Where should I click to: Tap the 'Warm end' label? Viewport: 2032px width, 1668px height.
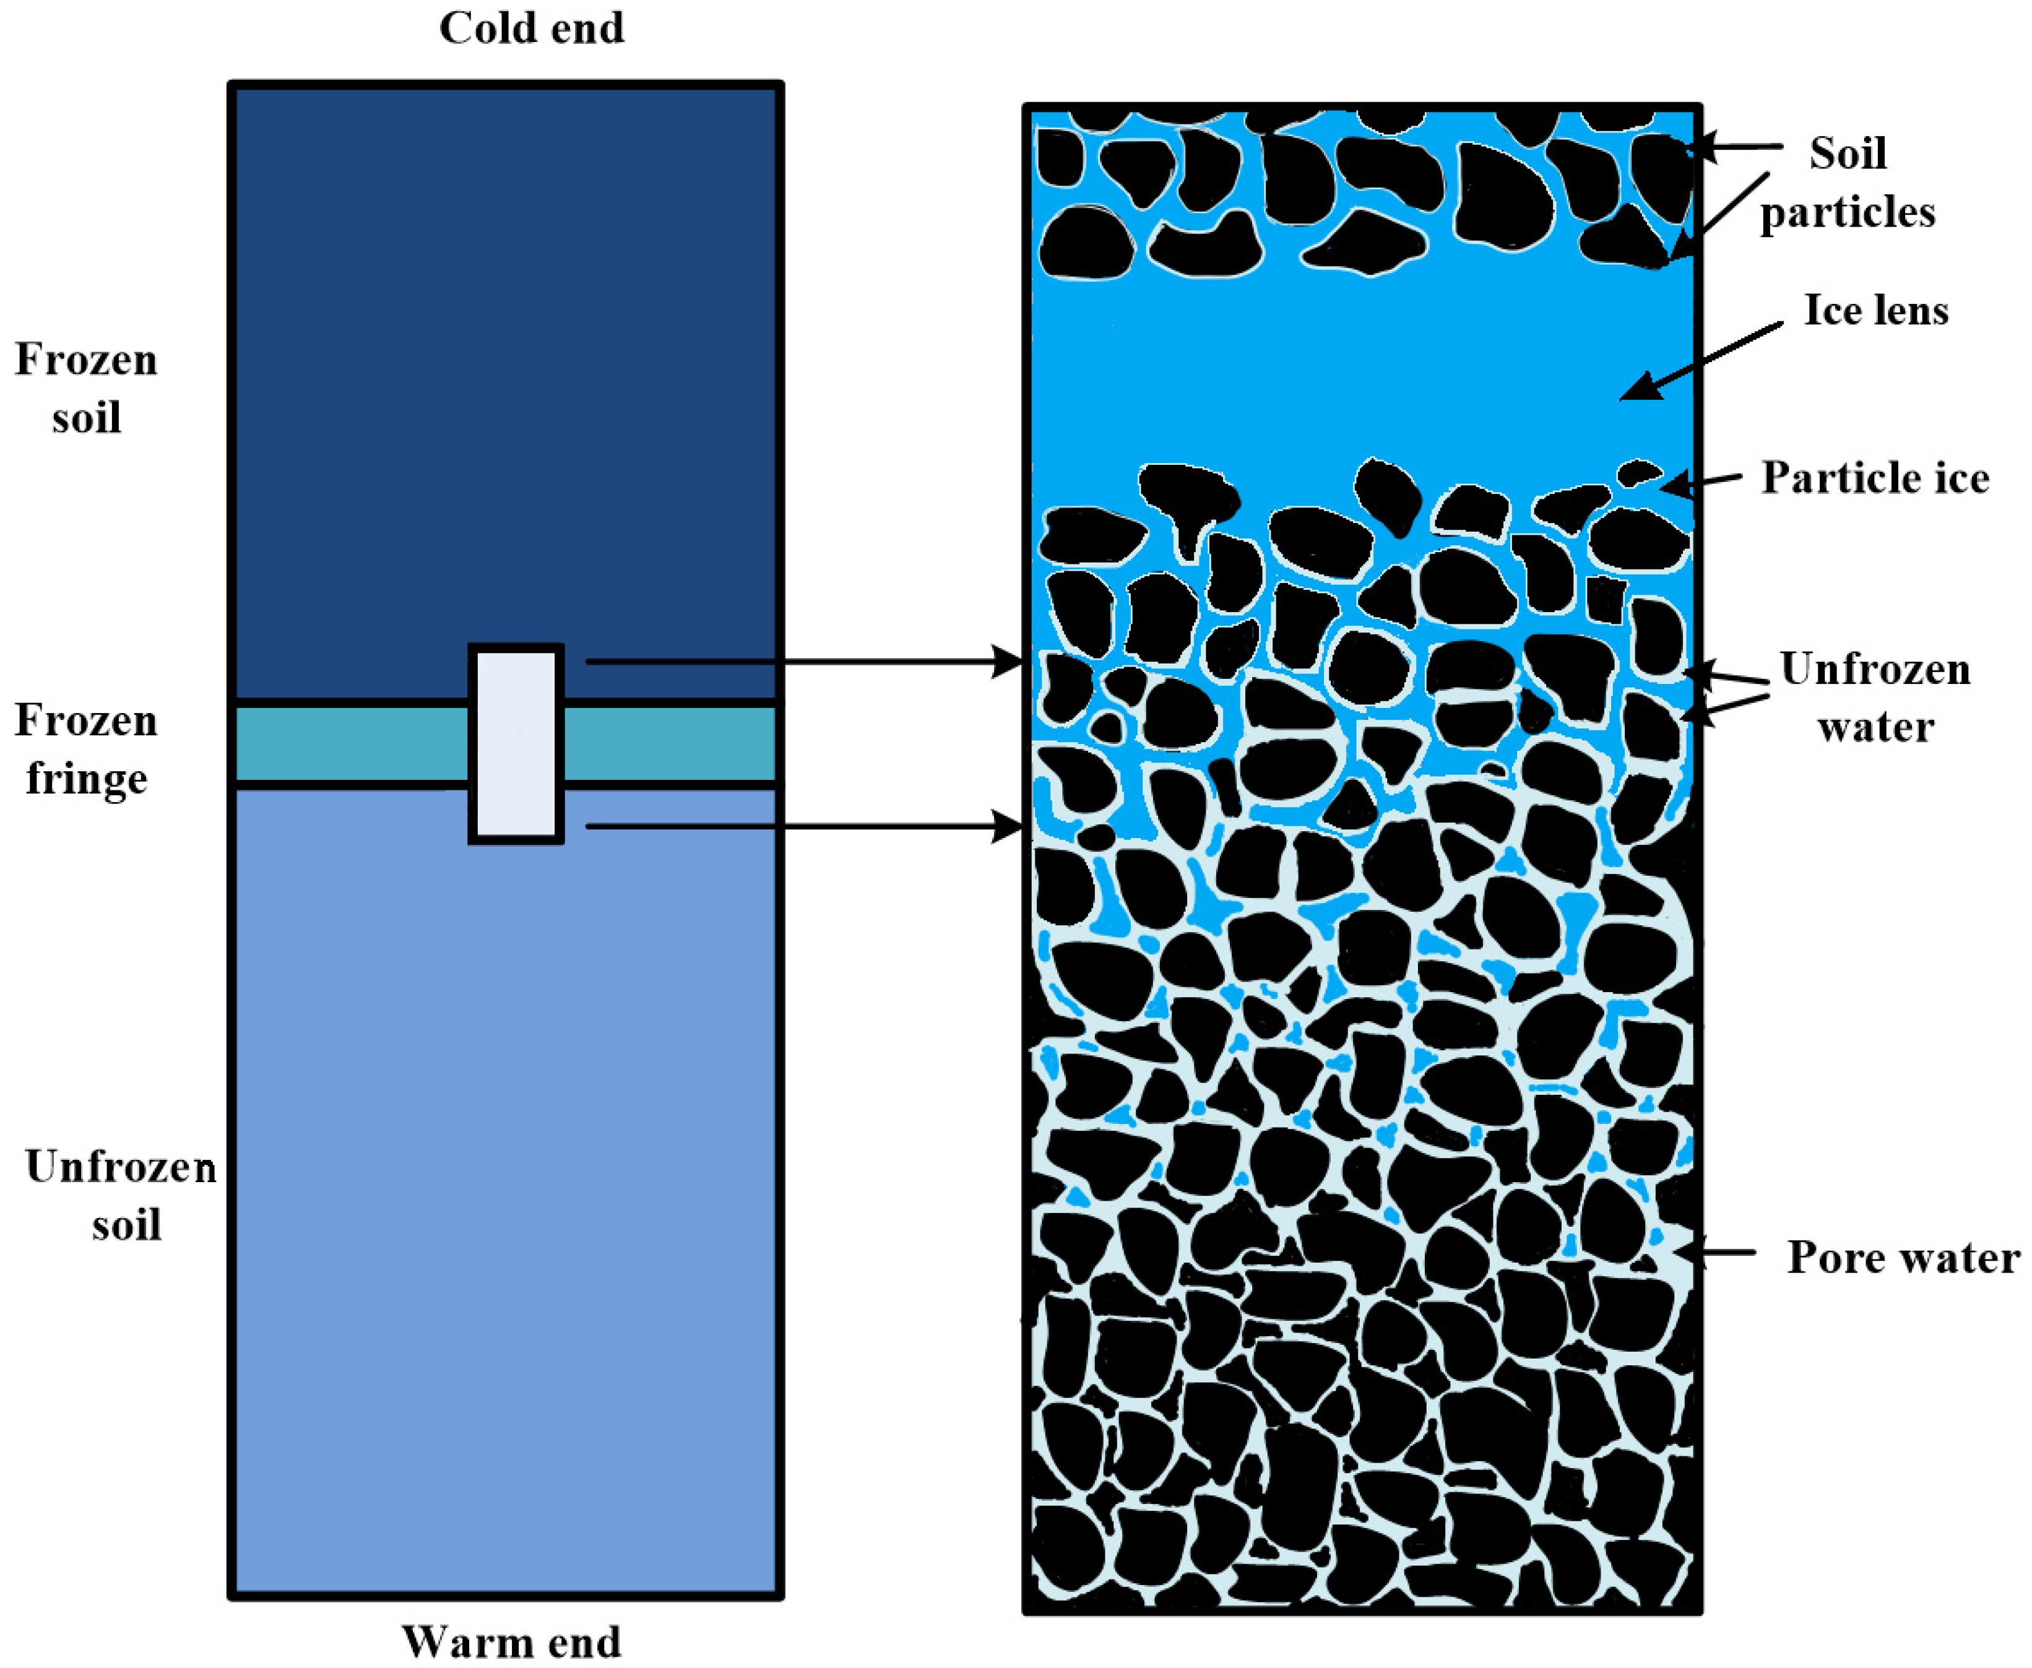click(x=511, y=1641)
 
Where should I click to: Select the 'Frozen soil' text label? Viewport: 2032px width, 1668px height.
click(x=87, y=388)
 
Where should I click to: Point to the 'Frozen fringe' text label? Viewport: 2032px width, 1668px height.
click(x=87, y=750)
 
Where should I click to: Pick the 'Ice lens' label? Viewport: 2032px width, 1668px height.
click(x=1875, y=310)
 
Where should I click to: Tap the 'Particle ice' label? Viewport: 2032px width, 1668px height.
click(x=1874, y=478)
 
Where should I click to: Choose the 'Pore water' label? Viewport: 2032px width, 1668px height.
click(x=1902, y=1257)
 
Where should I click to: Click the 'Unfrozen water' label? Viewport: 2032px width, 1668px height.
click(x=1874, y=698)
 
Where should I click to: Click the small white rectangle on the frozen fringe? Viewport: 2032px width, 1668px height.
click(x=516, y=744)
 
